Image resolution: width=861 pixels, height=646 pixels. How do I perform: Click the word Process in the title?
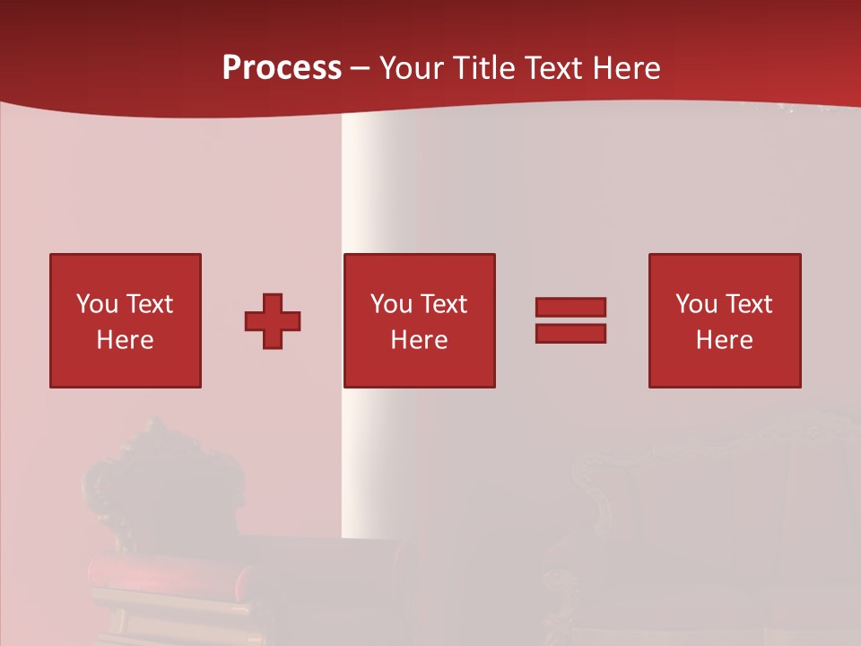click(x=282, y=67)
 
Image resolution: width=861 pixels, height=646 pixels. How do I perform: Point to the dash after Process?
click(x=360, y=68)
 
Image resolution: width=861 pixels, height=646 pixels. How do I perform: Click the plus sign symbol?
click(x=273, y=321)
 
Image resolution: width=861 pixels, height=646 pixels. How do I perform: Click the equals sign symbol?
click(x=570, y=320)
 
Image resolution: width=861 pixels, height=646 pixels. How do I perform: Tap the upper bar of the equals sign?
click(x=570, y=307)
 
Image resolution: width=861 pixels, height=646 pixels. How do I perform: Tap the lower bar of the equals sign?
click(x=570, y=334)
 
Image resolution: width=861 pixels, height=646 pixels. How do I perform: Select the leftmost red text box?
click(x=126, y=320)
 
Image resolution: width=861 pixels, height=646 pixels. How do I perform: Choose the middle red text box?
click(x=419, y=320)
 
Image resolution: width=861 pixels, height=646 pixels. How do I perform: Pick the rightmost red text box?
click(x=724, y=320)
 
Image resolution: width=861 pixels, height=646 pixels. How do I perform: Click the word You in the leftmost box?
click(x=97, y=303)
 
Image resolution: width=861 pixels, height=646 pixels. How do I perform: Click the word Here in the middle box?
click(x=419, y=340)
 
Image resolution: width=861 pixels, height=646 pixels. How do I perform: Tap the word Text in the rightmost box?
click(x=749, y=303)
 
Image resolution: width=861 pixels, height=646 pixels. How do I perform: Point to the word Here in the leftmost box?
click(x=126, y=340)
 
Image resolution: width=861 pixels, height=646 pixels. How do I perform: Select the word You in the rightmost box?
click(x=696, y=303)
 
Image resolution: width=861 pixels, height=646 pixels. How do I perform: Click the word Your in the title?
click(x=413, y=67)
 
